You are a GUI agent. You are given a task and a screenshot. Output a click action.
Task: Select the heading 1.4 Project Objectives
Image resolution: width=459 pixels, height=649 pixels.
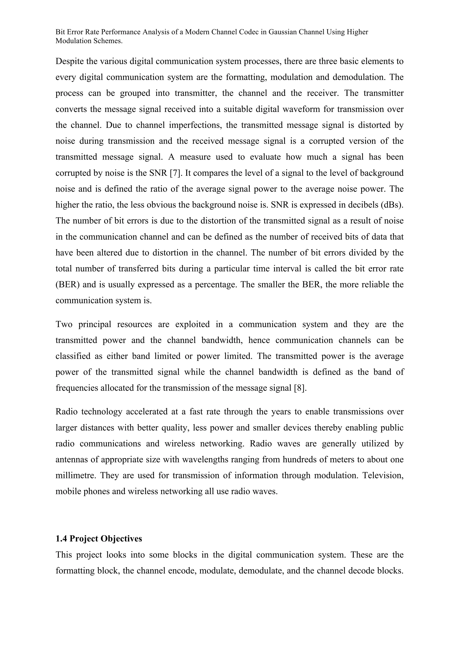99,538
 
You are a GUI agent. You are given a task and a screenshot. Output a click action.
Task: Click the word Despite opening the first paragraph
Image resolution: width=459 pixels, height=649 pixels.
69,61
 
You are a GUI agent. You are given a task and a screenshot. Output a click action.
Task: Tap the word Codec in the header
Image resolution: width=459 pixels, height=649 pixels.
248,32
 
